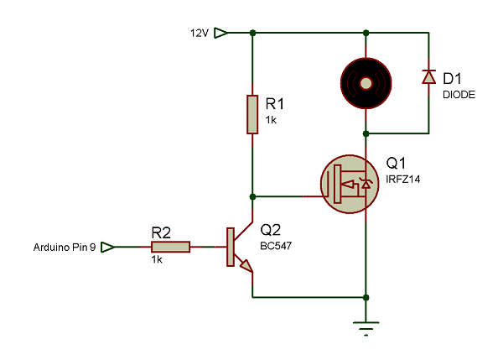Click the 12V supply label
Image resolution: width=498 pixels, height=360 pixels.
tap(200, 33)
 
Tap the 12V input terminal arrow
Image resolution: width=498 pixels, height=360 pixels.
tap(220, 33)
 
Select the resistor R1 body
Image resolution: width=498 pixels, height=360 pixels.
tap(252, 114)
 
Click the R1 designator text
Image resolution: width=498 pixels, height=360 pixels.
tap(275, 104)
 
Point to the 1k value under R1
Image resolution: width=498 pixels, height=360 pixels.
tap(271, 120)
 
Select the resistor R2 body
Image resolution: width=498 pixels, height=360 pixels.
tap(170, 247)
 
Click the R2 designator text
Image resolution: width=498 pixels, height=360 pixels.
tap(161, 232)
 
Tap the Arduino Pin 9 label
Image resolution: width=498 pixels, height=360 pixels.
tap(65, 248)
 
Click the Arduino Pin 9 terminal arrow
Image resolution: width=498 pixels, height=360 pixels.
tap(107, 247)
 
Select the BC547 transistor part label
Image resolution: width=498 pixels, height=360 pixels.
tap(276, 246)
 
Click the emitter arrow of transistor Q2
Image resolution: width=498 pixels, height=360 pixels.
tap(246, 265)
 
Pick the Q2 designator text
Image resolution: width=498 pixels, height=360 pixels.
tap(270, 230)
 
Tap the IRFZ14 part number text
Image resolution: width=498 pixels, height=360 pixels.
tap(402, 180)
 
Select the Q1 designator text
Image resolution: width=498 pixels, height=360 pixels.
tap(396, 164)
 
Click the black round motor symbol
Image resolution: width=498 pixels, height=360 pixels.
tap(366, 83)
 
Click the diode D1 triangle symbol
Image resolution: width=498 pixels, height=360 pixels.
tap(428, 76)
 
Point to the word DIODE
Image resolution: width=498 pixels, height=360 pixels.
tap(459, 95)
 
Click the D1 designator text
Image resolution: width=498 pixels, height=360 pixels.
tap(452, 79)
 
